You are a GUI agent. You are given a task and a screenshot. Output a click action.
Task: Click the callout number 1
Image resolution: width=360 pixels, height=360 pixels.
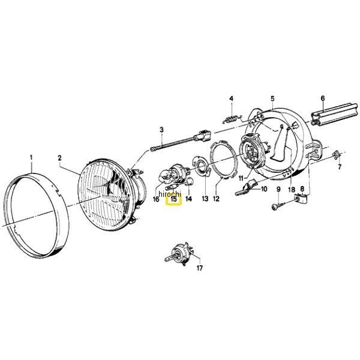31,158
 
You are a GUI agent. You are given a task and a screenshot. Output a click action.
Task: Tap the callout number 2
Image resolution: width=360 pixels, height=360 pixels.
59,158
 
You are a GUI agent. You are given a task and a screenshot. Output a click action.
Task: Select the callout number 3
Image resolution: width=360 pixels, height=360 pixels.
161,129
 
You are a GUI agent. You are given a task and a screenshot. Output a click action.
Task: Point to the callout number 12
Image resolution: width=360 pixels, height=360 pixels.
217,199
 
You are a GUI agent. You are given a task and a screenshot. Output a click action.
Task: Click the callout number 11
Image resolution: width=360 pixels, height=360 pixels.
241,178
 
